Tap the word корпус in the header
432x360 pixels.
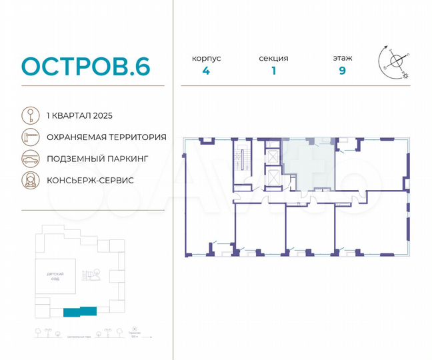point(206,58)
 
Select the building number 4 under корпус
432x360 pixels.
point(206,71)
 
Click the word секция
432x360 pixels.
point(273,58)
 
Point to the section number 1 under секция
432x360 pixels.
point(273,71)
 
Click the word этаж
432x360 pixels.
point(343,58)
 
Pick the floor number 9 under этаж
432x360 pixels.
point(342,71)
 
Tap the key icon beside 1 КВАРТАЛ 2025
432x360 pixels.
point(29,115)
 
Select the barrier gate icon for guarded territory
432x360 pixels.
point(29,137)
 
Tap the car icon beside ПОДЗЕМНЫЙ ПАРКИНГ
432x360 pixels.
point(29,159)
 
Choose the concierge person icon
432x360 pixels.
point(29,181)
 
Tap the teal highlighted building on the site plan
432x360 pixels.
point(79,311)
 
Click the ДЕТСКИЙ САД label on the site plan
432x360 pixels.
point(50,277)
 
